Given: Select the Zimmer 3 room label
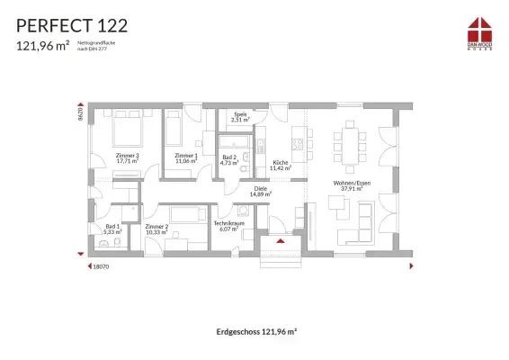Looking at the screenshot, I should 128,159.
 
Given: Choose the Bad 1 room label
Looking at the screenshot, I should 112,229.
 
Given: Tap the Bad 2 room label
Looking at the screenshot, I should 229,160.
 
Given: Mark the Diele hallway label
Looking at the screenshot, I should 261,191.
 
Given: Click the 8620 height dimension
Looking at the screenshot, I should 80,112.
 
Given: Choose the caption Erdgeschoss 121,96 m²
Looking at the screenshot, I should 256,331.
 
